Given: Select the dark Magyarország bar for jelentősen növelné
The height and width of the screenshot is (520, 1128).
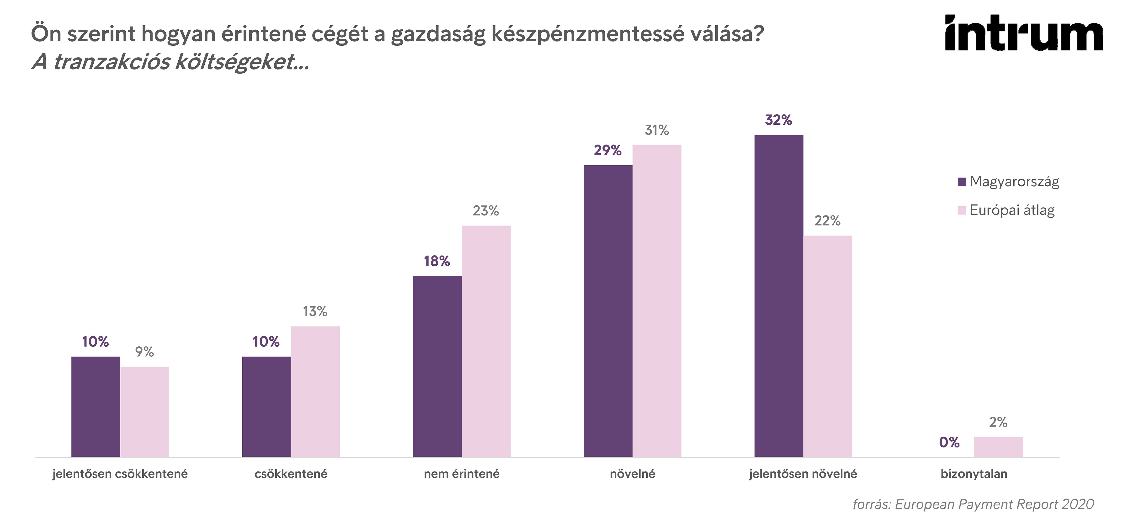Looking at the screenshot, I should [779, 296].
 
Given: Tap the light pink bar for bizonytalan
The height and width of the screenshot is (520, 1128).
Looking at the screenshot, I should [998, 447].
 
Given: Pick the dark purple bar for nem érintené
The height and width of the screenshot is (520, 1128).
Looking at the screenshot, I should [437, 366].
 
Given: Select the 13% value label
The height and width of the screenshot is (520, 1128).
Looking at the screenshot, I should [315, 311].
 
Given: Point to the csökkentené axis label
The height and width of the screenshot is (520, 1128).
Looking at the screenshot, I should [291, 474].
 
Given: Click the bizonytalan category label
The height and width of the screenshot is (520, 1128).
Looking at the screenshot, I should [974, 474].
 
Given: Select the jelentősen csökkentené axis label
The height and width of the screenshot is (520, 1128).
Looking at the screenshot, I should [120, 474].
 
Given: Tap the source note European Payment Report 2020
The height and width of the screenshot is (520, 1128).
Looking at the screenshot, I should [973, 504].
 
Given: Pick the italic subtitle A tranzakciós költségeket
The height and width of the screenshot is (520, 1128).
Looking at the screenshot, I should [171, 62].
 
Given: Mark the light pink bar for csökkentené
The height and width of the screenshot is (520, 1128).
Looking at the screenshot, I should [315, 391].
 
